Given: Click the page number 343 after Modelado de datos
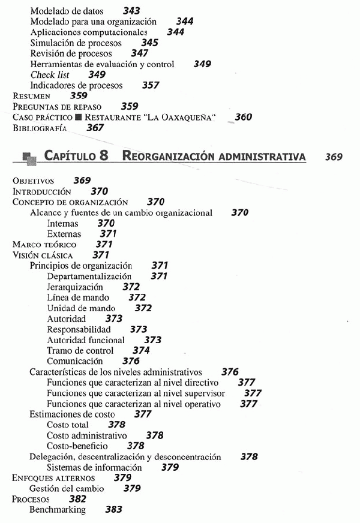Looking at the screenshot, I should pyautogui.click(x=132, y=11).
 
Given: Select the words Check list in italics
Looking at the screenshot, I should pyautogui.click(x=50, y=74).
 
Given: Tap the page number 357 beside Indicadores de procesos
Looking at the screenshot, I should pyautogui.click(x=150, y=85).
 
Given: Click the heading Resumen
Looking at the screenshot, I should pyautogui.click(x=32, y=95).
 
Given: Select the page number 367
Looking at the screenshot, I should pyautogui.click(x=95, y=128).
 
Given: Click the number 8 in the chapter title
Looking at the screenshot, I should pyautogui.click(x=104, y=156).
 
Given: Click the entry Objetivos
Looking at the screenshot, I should pyautogui.click(x=34, y=181).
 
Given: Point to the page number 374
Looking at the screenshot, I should pyautogui.click(x=141, y=350).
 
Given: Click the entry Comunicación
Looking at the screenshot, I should pyautogui.click(x=75, y=361).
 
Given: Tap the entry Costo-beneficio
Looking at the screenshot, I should pyautogui.click(x=77, y=446).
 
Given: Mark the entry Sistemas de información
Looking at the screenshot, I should pyautogui.click(x=94, y=467).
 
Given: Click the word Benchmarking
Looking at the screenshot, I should pyautogui.click(x=58, y=510).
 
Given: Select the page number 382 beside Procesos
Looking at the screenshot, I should pyautogui.click(x=77, y=499).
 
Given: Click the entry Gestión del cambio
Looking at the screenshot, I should pyautogui.click(x=67, y=489).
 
